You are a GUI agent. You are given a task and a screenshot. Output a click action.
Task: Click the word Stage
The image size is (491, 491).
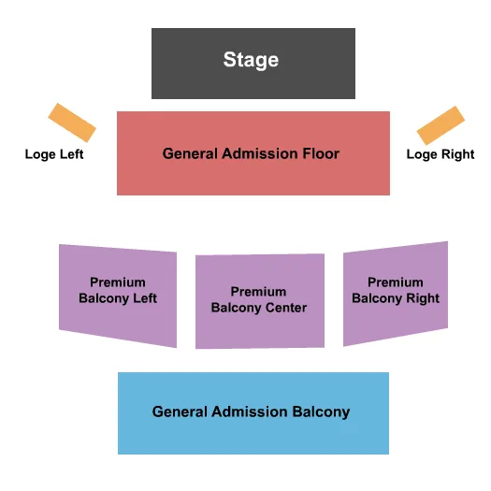tap(251, 60)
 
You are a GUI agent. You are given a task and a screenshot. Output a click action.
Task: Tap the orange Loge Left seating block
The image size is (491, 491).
tap(72, 123)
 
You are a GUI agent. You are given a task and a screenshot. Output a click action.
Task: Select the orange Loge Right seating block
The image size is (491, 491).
tap(440, 125)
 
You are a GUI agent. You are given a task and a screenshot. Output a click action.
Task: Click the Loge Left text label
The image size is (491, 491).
tap(54, 154)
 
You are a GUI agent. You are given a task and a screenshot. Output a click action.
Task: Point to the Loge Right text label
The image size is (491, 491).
tap(440, 154)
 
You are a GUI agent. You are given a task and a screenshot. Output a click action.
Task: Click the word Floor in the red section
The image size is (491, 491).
tap(320, 153)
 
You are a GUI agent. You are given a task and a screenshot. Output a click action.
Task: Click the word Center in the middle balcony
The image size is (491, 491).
tap(285, 308)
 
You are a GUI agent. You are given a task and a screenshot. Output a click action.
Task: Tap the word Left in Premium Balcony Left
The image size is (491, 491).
tap(144, 298)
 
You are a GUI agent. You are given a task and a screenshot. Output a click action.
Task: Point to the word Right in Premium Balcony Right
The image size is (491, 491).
tap(422, 298)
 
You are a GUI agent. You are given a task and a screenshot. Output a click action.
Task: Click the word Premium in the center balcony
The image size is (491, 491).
tap(259, 292)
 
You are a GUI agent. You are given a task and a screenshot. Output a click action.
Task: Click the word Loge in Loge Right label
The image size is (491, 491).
tap(422, 154)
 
